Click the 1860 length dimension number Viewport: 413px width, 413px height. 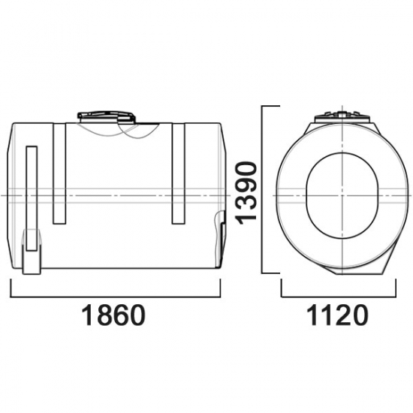(x=113, y=315)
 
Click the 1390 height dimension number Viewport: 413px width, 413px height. (x=246, y=193)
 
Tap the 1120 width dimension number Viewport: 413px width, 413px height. (x=337, y=315)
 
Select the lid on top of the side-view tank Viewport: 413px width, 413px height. (x=107, y=117)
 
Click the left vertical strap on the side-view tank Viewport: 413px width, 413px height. (x=59, y=173)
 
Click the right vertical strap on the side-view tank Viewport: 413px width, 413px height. (x=178, y=173)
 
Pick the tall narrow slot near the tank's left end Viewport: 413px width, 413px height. (x=32, y=198)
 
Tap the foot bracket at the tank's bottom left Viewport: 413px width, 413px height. (x=32, y=252)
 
